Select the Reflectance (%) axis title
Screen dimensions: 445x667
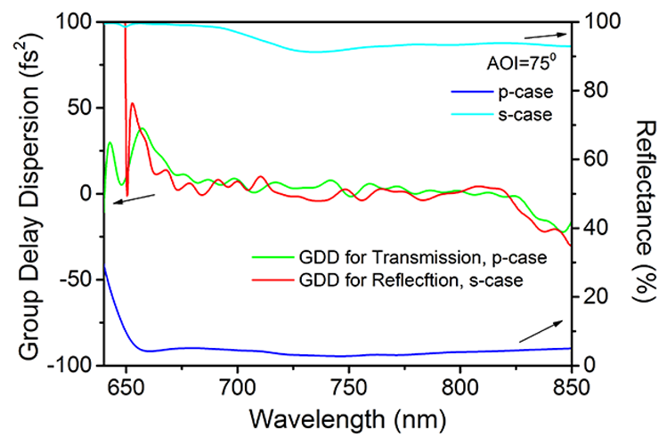[643, 191]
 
